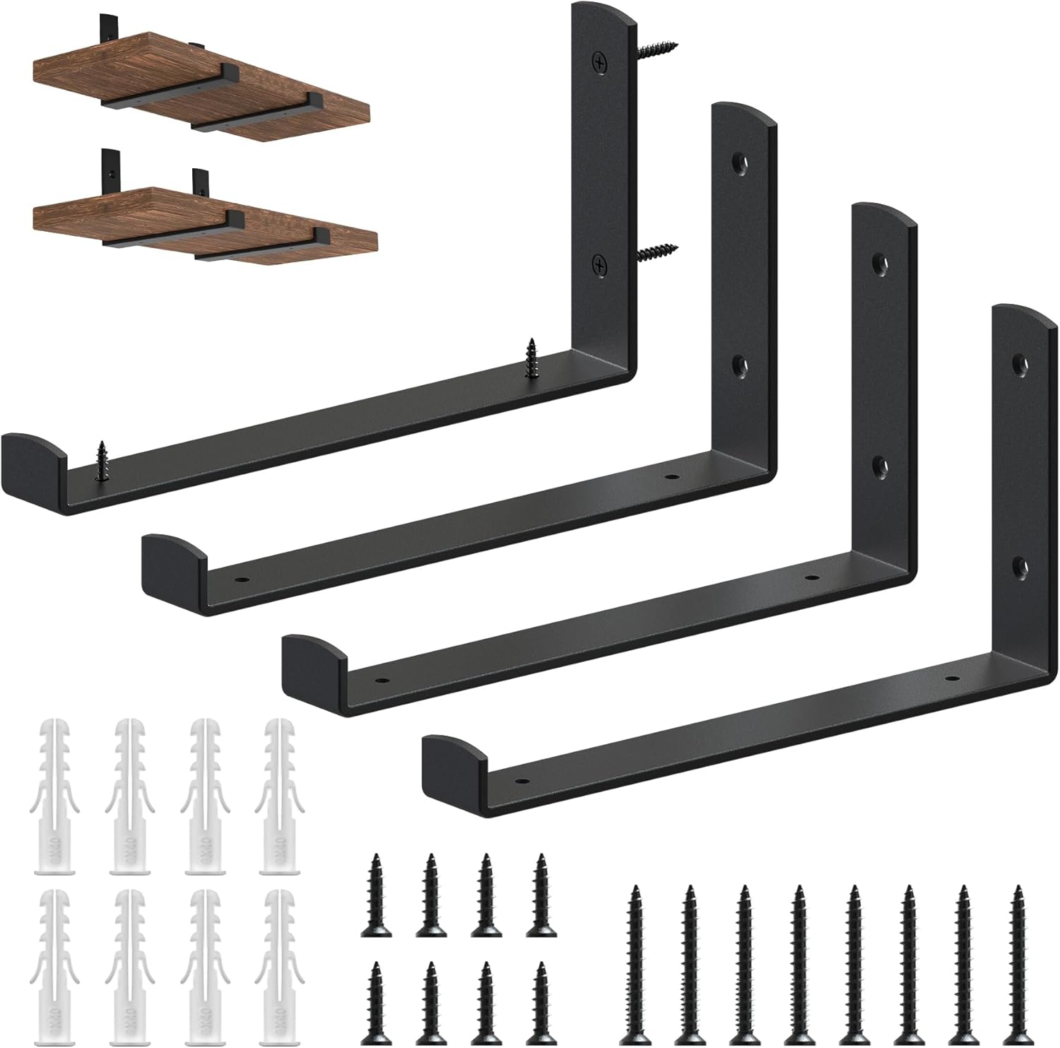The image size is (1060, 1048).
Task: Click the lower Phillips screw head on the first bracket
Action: coord(600,265)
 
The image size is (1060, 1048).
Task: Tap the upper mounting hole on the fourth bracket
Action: coord(1019,363)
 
